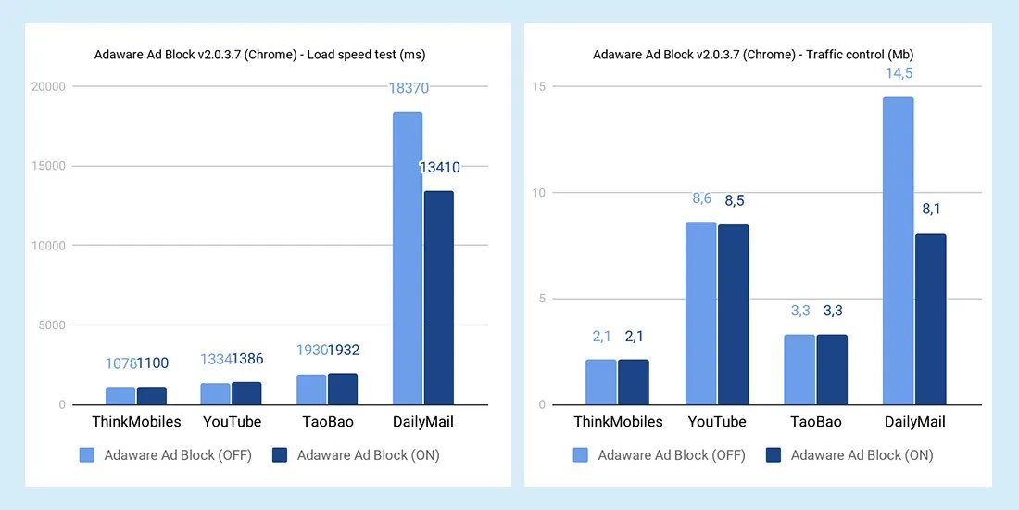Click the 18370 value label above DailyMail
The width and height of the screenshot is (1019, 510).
pos(408,88)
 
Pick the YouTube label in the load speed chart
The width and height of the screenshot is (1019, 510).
pos(232,422)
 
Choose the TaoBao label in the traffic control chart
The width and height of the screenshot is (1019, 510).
pos(815,422)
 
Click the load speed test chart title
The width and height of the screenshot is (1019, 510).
pos(259,55)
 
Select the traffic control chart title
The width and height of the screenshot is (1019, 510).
pos(753,55)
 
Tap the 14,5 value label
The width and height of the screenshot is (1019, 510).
pos(899,74)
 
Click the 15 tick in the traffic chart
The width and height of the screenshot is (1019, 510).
pos(538,87)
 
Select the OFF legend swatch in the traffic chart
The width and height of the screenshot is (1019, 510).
pos(582,454)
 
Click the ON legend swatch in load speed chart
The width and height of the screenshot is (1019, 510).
pos(280,454)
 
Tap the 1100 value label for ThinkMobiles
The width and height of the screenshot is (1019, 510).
pos(153,363)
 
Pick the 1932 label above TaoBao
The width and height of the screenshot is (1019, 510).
pos(343,351)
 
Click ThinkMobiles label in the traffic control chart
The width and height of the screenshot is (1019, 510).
pos(618,422)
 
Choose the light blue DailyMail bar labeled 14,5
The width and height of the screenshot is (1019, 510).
pos(898,250)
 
